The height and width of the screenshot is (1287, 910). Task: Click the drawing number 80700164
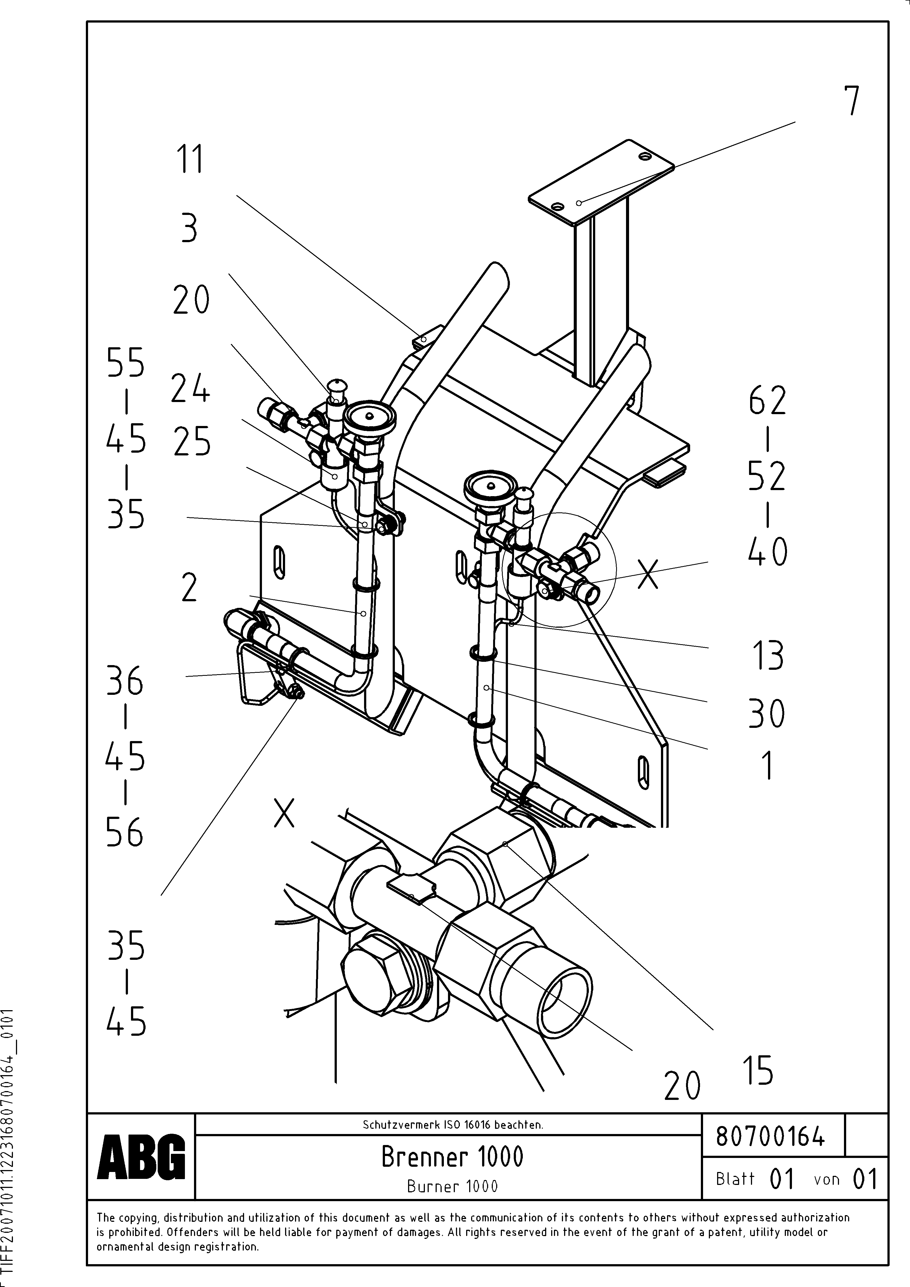(x=770, y=1136)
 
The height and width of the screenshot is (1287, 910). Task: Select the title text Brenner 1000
(x=452, y=1156)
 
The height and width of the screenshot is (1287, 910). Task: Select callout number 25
(x=192, y=442)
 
